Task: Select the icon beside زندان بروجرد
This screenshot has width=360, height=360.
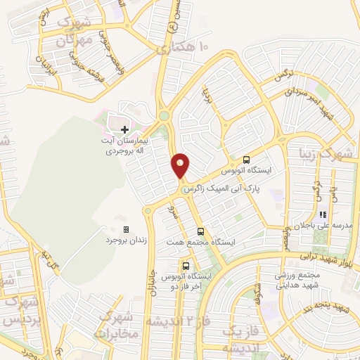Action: pos(126,229)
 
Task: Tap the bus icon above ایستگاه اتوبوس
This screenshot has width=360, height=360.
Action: pos(246,159)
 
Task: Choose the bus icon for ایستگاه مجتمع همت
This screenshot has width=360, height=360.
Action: pos(200,231)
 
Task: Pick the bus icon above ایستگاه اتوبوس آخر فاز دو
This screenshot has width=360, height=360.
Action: pos(186,266)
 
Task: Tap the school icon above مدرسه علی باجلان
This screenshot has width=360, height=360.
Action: pos(323,214)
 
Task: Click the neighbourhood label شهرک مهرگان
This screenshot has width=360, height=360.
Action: pos(73,32)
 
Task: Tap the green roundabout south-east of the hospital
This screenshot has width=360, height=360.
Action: pos(164,116)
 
